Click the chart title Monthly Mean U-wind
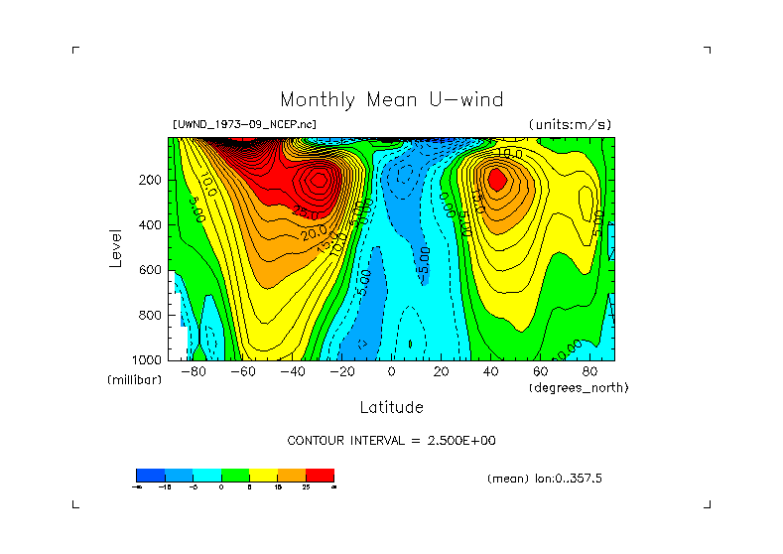tap(391, 99)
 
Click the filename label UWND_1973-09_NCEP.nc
tap(244, 125)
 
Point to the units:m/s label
tap(570, 125)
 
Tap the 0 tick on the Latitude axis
tap(391, 371)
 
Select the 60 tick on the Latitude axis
tap(540, 371)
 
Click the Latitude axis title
tap(391, 407)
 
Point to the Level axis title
tap(117, 246)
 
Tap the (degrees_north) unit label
tap(580, 387)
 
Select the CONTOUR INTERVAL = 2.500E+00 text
tap(391, 440)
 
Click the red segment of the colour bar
tap(320, 476)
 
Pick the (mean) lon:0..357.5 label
tap(545, 479)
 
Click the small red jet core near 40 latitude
tap(497, 179)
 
